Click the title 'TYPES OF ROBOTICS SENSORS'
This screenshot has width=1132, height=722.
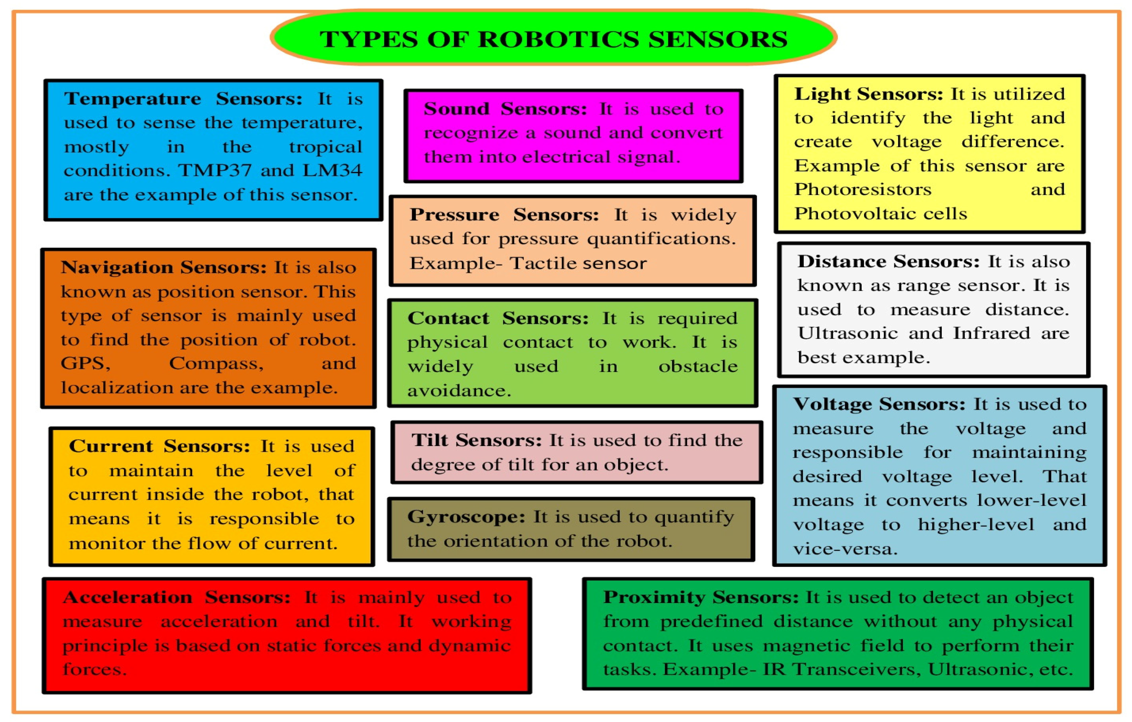(553, 39)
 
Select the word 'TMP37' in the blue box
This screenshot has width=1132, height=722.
(215, 170)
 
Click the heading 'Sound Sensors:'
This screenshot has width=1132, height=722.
(505, 109)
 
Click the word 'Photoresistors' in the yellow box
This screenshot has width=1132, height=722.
(863, 190)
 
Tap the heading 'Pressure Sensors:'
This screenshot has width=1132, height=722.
(504, 215)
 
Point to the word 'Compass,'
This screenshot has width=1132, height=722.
(216, 363)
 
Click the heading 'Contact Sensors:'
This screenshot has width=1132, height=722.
(498, 318)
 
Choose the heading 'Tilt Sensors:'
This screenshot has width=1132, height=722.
(477, 441)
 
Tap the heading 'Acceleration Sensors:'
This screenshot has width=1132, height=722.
(176, 597)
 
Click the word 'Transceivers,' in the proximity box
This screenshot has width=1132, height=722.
(857, 669)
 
